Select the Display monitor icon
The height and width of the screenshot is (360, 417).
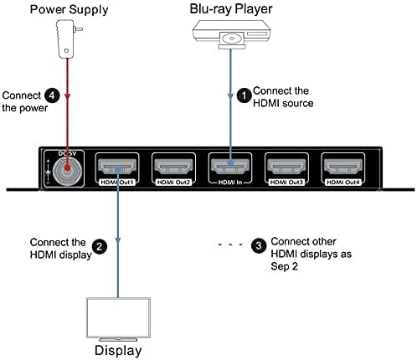[x=117, y=317]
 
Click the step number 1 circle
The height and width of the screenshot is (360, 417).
[x=244, y=96]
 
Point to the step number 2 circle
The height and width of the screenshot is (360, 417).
[x=99, y=246]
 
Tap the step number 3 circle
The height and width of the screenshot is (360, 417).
[x=258, y=245]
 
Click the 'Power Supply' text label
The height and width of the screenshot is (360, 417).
[x=64, y=9]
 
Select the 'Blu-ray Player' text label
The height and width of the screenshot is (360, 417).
[x=229, y=9]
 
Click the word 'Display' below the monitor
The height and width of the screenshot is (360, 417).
[x=117, y=350]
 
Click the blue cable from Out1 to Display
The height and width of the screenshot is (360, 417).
[x=117, y=243]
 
